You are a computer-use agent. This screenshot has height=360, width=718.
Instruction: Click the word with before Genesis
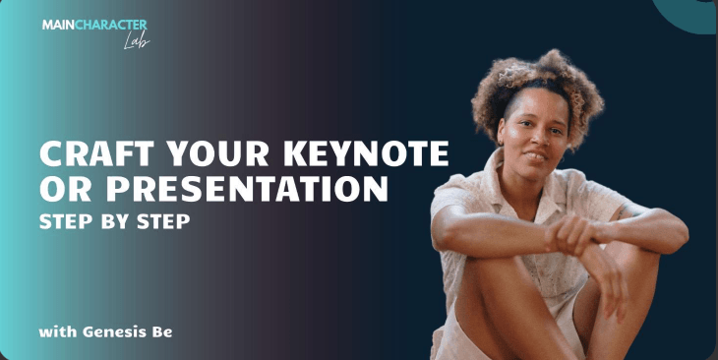coord(58,331)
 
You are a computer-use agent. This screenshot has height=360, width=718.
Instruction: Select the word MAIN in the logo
coord(58,25)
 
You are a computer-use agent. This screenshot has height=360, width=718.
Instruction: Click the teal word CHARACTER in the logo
coord(110,25)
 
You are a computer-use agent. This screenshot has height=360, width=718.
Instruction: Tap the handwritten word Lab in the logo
coord(137,41)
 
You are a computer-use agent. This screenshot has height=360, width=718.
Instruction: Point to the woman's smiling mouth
coord(535,156)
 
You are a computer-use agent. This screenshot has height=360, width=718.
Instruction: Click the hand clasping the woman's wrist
coord(572,233)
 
